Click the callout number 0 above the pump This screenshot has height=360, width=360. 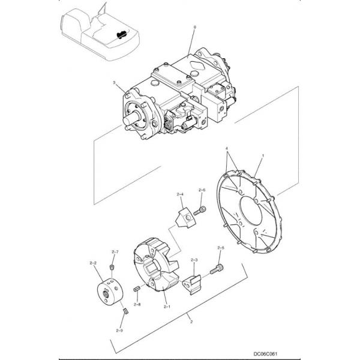click(194, 28)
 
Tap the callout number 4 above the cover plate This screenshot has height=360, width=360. click(226, 148)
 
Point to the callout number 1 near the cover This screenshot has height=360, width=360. click(263, 155)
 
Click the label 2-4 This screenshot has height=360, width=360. click(179, 194)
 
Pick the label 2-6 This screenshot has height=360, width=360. click(202, 190)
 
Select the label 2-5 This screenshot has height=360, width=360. click(220, 248)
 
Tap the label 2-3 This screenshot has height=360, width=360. click(194, 259)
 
